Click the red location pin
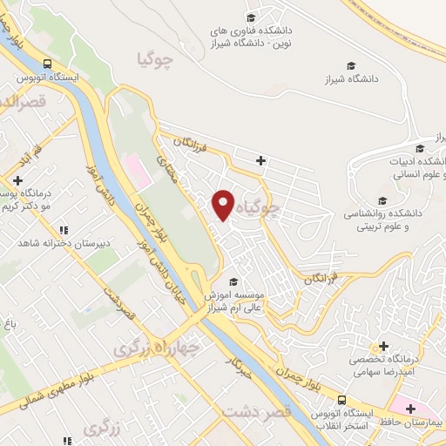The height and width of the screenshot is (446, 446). [224, 204]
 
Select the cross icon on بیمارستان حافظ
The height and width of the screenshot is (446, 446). [409, 408]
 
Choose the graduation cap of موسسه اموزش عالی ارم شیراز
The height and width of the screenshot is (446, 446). [232, 281]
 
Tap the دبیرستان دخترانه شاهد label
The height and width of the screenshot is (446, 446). [51, 242]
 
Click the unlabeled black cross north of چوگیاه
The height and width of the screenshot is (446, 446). [260, 160]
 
